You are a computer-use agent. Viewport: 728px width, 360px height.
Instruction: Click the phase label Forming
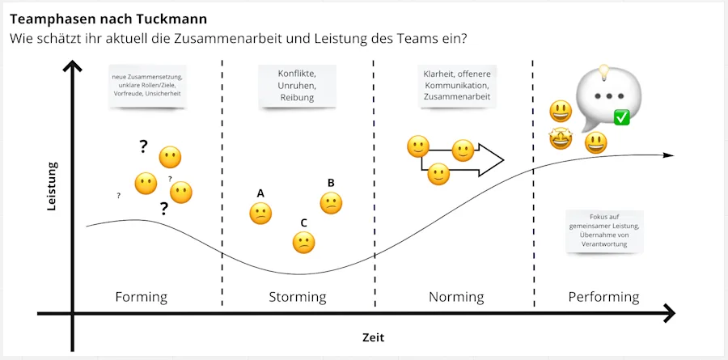click(x=142, y=297)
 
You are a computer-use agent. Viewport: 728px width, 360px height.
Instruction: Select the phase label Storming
click(x=298, y=297)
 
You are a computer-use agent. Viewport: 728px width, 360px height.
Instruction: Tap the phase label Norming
click(x=456, y=297)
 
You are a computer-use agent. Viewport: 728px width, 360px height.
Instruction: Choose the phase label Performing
click(x=603, y=297)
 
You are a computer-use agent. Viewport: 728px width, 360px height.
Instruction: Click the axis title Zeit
click(x=374, y=337)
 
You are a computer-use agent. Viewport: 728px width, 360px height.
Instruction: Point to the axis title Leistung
click(x=52, y=187)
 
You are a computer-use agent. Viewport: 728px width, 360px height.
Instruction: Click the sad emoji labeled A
click(x=260, y=214)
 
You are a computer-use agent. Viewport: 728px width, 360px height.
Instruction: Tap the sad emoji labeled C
click(x=303, y=243)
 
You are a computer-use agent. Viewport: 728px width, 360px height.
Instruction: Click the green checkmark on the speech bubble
click(x=622, y=118)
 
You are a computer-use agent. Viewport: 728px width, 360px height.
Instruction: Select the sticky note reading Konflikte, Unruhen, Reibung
click(x=297, y=86)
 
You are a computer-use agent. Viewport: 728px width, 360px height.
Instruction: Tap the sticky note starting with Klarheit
click(x=456, y=86)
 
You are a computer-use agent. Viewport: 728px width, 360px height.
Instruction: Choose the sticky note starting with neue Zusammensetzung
click(x=146, y=86)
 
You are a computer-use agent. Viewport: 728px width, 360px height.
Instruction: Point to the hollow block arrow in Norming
click(x=477, y=160)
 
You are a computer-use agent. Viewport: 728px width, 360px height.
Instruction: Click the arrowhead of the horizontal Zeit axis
click(x=668, y=313)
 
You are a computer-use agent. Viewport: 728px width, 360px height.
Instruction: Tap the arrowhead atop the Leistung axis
click(x=73, y=68)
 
